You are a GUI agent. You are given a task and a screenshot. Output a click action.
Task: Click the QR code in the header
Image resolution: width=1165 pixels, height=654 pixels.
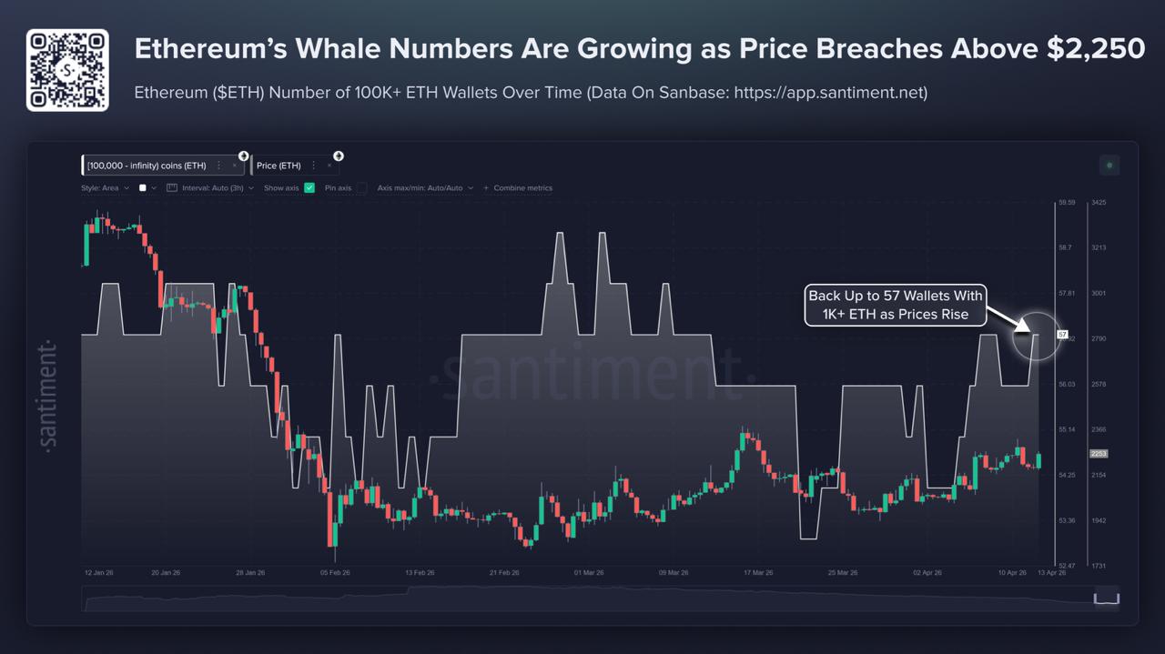pyautogui.click(x=67, y=70)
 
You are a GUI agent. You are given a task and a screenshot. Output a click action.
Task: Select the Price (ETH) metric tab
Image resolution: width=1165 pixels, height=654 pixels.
pyautogui.click(x=279, y=166)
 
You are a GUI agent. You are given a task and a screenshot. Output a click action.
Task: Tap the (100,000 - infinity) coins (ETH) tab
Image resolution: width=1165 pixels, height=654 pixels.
pyautogui.click(x=147, y=166)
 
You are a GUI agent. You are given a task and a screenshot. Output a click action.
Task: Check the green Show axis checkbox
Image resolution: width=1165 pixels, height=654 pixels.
pyautogui.click(x=309, y=188)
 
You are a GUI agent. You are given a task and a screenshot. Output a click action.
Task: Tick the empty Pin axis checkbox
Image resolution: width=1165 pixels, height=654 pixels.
pyautogui.click(x=361, y=188)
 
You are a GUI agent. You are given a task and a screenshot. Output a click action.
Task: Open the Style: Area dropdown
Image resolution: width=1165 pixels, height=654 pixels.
pyautogui.click(x=104, y=188)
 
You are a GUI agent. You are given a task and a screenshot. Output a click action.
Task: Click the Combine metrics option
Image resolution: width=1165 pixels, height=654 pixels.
pyautogui.click(x=518, y=188)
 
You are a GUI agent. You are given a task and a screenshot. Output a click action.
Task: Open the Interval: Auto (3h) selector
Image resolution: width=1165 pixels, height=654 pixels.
pyautogui.click(x=209, y=188)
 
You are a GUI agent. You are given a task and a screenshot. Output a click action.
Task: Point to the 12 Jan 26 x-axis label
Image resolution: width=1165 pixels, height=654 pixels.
pyautogui.click(x=98, y=573)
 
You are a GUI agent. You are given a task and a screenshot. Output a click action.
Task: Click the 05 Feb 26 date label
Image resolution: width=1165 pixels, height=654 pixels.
pyautogui.click(x=335, y=573)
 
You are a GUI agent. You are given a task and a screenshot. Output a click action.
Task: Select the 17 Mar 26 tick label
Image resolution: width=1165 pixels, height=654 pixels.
pyautogui.click(x=757, y=573)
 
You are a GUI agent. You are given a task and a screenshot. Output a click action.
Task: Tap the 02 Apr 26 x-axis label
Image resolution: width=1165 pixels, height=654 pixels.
pyautogui.click(x=927, y=573)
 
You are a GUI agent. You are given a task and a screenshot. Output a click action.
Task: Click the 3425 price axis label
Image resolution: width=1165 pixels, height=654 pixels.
pyautogui.click(x=1099, y=203)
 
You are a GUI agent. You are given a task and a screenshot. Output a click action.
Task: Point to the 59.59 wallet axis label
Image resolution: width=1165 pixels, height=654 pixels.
pyautogui.click(x=1066, y=203)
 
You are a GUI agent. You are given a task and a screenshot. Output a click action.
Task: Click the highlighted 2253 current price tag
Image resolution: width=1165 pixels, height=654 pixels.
pyautogui.click(x=1099, y=454)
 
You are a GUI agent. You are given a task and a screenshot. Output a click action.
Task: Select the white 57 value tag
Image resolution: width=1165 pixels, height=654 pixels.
pyautogui.click(x=1062, y=335)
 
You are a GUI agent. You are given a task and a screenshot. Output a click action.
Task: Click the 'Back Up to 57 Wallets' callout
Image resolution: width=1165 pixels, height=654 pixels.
pyautogui.click(x=895, y=306)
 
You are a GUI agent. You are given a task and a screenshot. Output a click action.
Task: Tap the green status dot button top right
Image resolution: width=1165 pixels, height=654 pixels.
pyautogui.click(x=1109, y=166)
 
